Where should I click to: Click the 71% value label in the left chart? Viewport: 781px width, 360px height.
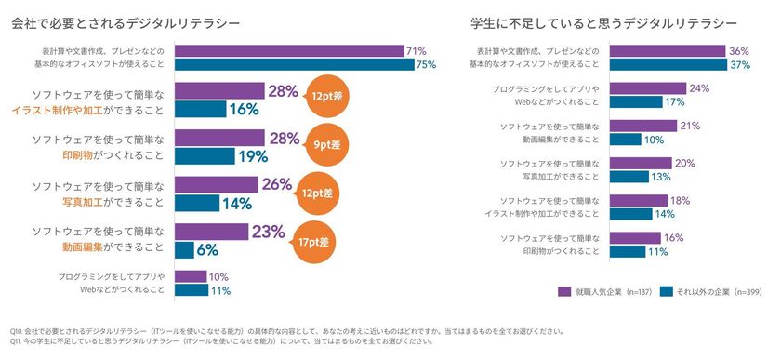416,50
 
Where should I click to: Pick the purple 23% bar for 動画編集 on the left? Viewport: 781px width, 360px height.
211,232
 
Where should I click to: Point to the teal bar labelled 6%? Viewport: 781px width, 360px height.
184,249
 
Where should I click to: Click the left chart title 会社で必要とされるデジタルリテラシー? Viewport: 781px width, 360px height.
125,20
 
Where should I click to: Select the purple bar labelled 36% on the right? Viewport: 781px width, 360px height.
668,51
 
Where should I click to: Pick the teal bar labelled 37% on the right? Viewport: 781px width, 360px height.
668,64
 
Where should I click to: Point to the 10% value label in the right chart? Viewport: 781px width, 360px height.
655,139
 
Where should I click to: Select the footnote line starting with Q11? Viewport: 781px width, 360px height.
223,340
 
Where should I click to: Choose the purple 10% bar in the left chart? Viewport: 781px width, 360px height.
191,276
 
